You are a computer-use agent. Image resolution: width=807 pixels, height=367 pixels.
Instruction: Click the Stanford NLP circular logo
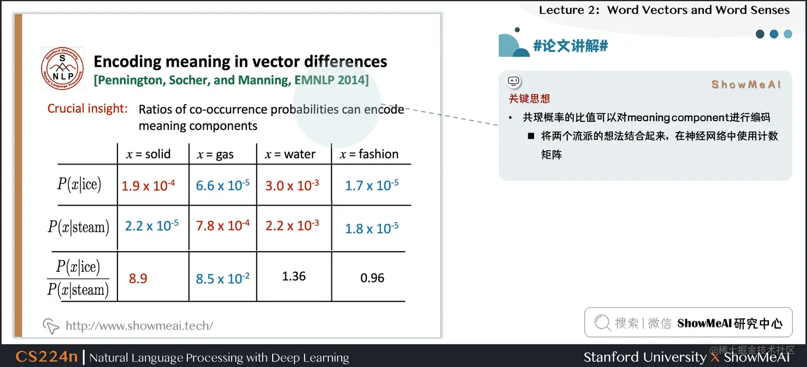[62, 69]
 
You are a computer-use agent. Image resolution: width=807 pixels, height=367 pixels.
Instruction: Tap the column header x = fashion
[369, 154]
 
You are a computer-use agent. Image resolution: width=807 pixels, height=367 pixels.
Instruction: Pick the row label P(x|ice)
[79, 184]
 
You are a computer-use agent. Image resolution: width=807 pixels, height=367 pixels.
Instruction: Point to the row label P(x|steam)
[78, 227]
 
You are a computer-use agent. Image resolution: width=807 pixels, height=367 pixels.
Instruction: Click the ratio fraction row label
[78, 278]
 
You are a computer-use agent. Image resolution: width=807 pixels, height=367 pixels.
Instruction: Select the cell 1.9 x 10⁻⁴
[148, 185]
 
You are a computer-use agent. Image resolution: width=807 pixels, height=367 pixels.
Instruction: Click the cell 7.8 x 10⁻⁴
[223, 225]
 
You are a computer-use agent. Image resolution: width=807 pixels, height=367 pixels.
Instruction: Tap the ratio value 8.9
[138, 278]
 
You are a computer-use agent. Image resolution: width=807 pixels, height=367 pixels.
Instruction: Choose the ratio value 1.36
[294, 276]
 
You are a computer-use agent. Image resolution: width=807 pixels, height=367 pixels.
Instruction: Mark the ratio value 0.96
[372, 278]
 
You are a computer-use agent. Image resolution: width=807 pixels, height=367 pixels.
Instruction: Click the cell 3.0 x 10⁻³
[292, 185]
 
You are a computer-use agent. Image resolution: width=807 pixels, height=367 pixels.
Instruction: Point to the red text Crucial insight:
[88, 108]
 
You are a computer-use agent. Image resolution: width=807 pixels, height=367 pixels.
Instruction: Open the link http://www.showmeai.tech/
[139, 325]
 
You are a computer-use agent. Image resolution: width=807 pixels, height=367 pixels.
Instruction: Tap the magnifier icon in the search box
[602, 323]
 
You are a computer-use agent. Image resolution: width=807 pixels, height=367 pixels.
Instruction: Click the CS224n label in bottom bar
[46, 357]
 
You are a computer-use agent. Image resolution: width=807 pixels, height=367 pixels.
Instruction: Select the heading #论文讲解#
[571, 46]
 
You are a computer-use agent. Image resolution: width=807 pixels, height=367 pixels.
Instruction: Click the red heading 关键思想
[529, 98]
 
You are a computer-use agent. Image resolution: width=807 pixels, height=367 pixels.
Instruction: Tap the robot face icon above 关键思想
[513, 81]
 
